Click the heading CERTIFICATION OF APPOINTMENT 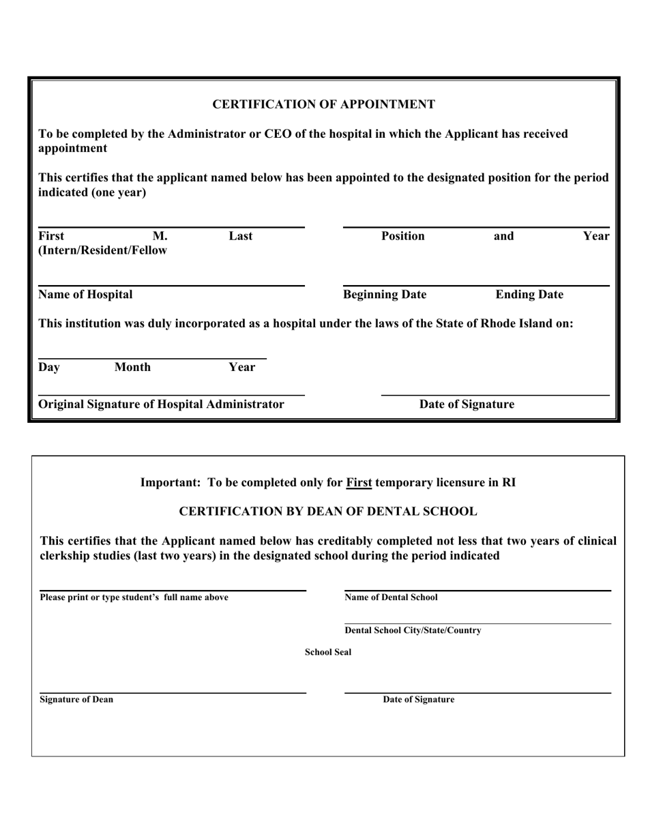(x=323, y=104)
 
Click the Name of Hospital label (x=85, y=295)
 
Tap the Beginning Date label (x=385, y=295)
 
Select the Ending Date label (x=529, y=295)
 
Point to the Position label (x=402, y=236)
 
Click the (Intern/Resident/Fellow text (x=103, y=250)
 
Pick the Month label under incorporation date (x=132, y=367)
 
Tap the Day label (x=49, y=367)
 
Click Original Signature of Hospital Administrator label (x=162, y=404)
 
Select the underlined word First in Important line (x=359, y=482)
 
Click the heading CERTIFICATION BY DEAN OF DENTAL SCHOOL (x=327, y=511)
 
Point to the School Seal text (x=328, y=652)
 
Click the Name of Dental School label (x=391, y=598)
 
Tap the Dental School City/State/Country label (x=413, y=630)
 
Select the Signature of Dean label (x=76, y=700)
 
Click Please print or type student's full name (x=134, y=598)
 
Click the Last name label (x=240, y=236)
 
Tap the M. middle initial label (x=160, y=236)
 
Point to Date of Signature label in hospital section (x=467, y=404)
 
